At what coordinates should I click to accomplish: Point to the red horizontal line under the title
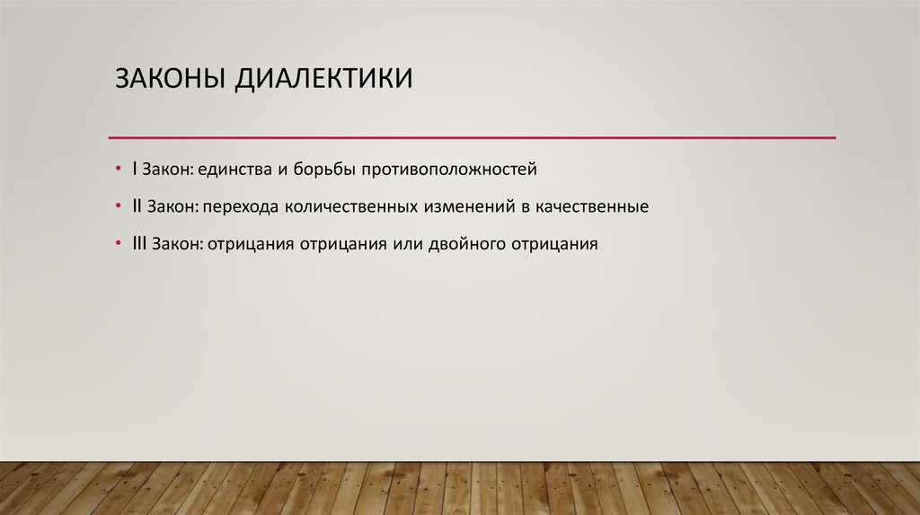pos(472,137)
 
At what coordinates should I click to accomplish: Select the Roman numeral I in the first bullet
pos(134,168)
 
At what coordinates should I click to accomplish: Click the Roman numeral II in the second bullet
pos(137,205)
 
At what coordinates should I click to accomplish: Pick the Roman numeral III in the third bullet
pos(139,243)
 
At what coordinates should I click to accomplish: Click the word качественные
pos(591,206)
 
